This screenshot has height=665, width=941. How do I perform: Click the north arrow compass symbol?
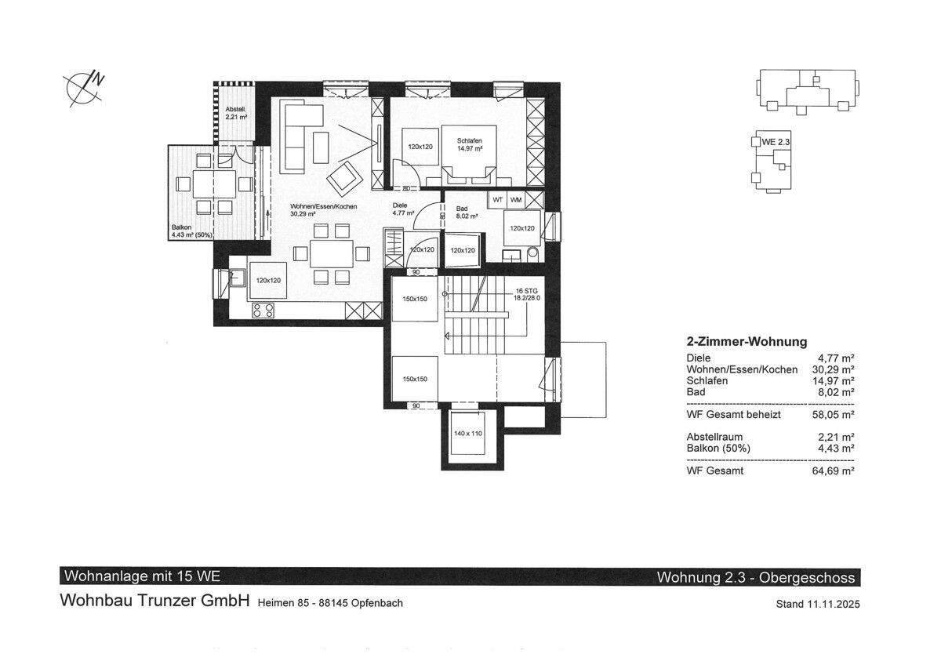click(x=84, y=89)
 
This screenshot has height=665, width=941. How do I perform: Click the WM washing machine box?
click(x=516, y=200)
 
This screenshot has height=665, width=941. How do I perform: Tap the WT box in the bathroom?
click(x=498, y=200)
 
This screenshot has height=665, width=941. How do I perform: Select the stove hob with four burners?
click(x=263, y=311)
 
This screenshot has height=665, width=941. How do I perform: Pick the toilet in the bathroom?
click(x=532, y=253)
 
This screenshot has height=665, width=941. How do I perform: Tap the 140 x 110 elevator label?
click(x=468, y=433)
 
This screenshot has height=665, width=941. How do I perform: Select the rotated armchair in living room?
click(x=345, y=179)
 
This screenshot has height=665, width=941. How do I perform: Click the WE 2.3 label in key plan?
click(x=776, y=142)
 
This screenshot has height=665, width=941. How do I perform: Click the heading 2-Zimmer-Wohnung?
click(x=747, y=342)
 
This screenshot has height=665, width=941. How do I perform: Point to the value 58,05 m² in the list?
click(x=833, y=415)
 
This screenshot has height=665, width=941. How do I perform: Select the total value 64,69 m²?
click(x=833, y=471)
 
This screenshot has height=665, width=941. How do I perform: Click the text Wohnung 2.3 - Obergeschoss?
click(x=756, y=578)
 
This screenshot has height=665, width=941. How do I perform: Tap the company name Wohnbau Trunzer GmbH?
click(x=155, y=601)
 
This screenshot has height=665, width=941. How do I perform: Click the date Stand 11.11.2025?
click(x=817, y=604)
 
